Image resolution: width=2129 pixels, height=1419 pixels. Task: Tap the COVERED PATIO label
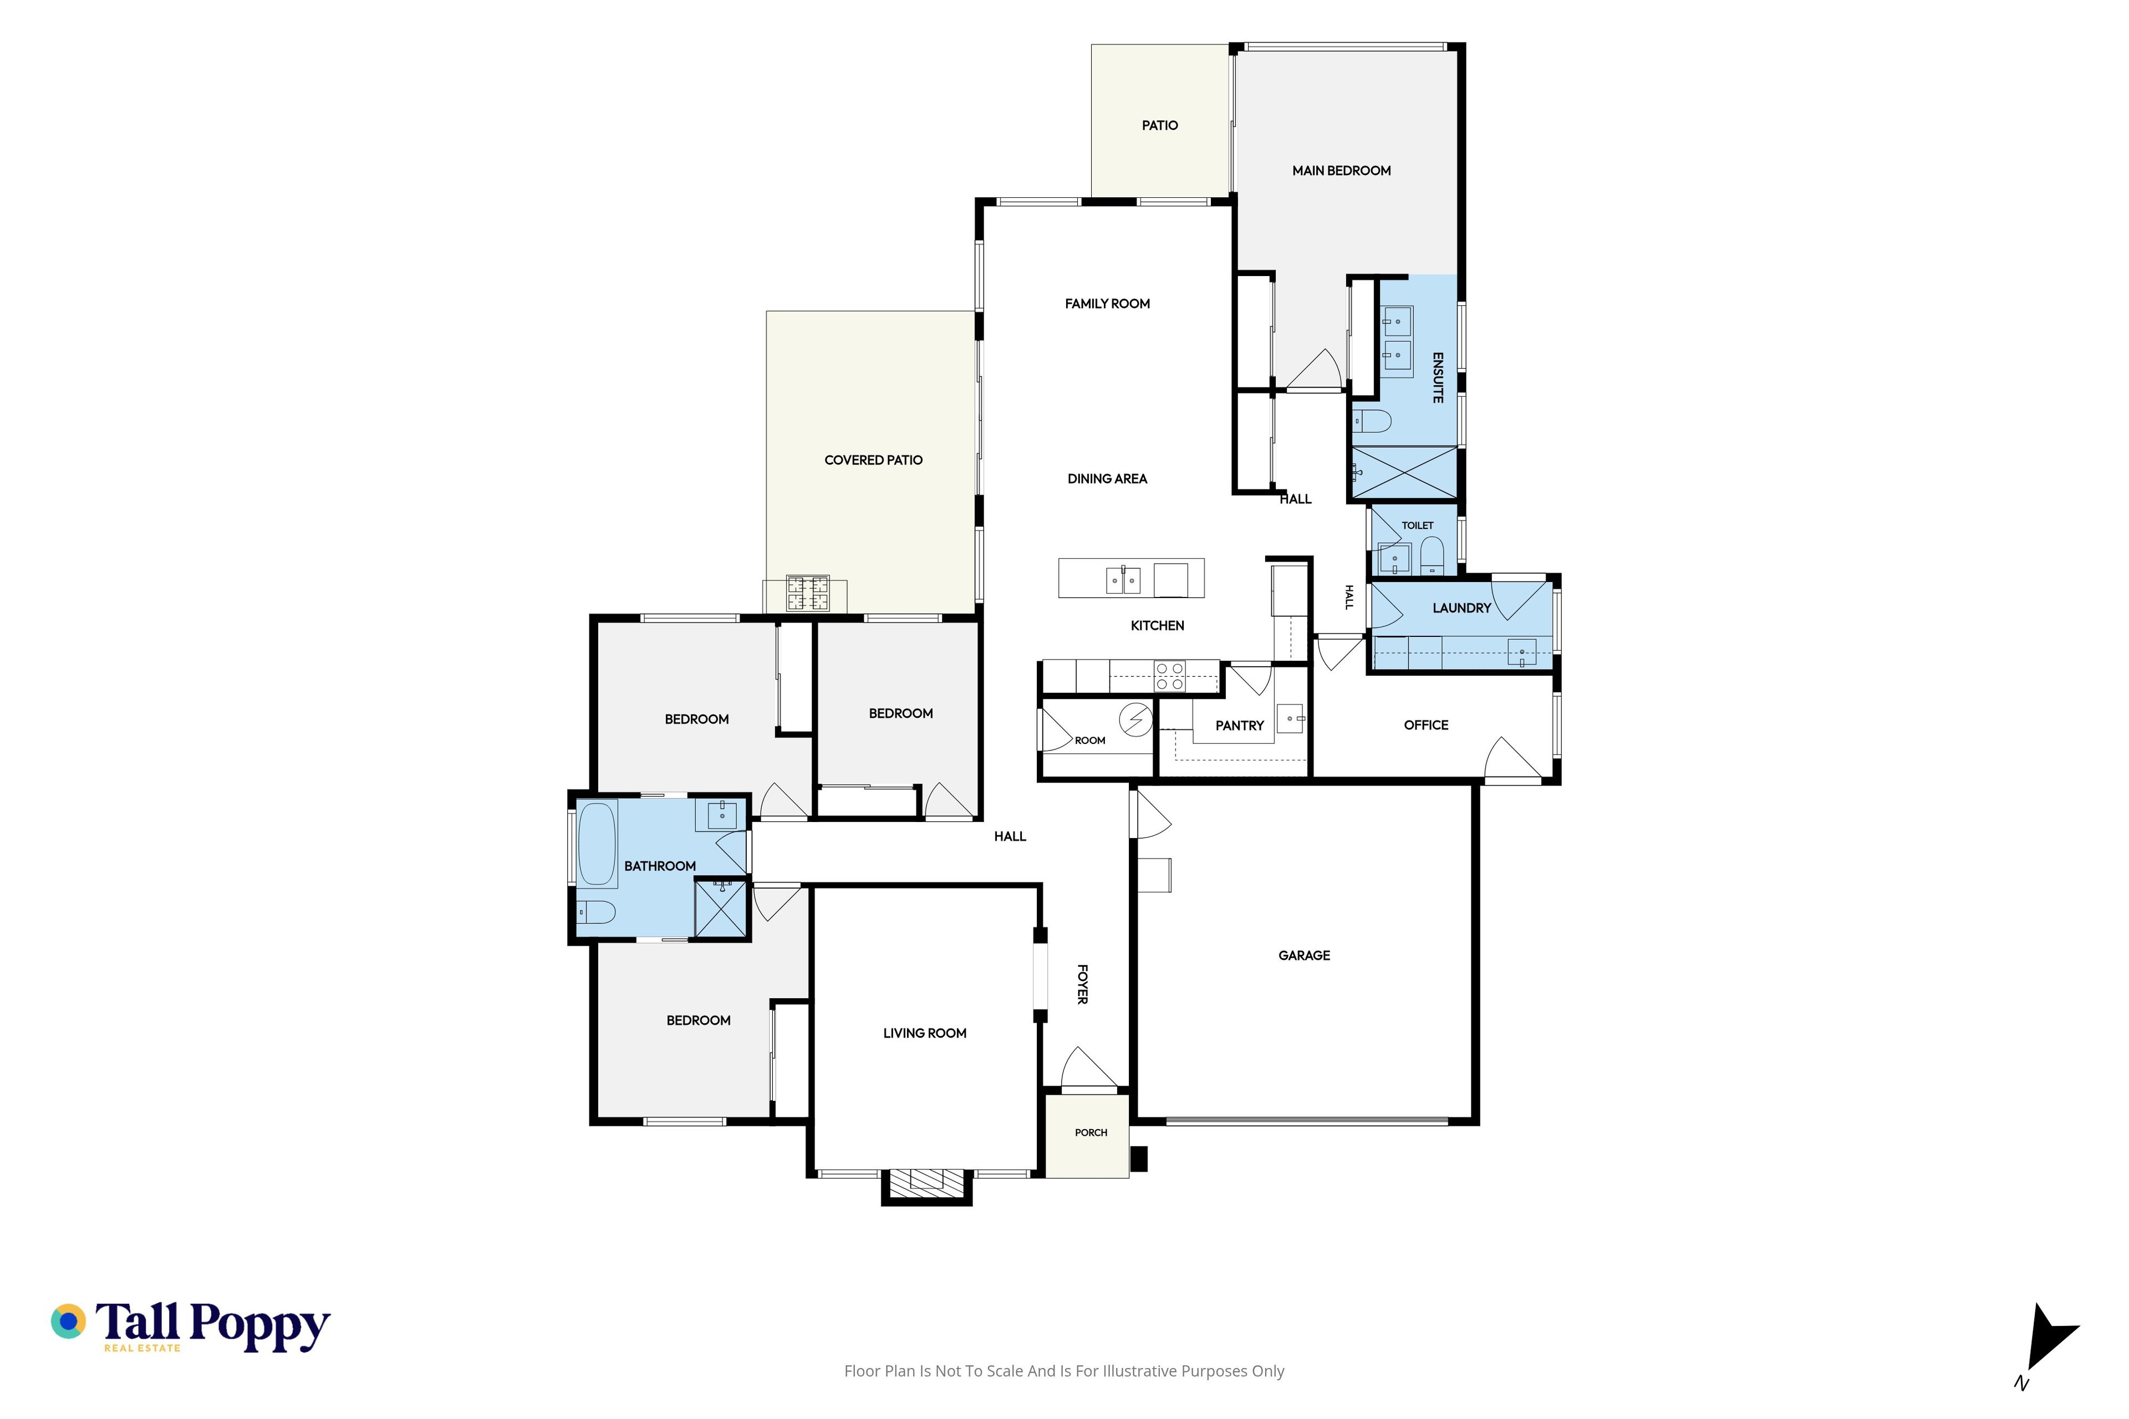[874, 460]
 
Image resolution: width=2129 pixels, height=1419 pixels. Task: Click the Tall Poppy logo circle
[68, 1321]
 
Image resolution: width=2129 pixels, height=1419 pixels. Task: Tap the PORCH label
[1091, 1132]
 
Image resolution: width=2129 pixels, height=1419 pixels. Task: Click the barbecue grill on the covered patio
[807, 593]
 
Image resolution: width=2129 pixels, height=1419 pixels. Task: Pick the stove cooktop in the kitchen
[1169, 676]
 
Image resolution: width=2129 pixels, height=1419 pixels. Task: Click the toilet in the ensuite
[1371, 421]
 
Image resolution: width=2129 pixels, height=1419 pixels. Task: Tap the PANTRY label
[1239, 726]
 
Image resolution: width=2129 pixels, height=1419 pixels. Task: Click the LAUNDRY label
[1461, 608]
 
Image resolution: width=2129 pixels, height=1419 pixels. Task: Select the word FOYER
[1082, 984]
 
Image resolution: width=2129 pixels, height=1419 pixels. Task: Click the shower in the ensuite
[1404, 472]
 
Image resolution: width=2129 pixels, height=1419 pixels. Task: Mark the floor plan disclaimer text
[1063, 1371]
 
